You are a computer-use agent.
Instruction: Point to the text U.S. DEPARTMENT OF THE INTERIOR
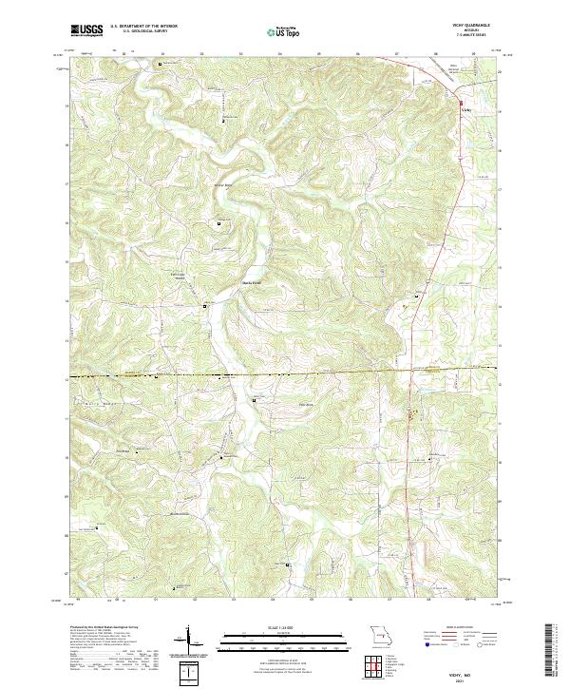point(143,26)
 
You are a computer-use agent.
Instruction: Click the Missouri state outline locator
point(380,634)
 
